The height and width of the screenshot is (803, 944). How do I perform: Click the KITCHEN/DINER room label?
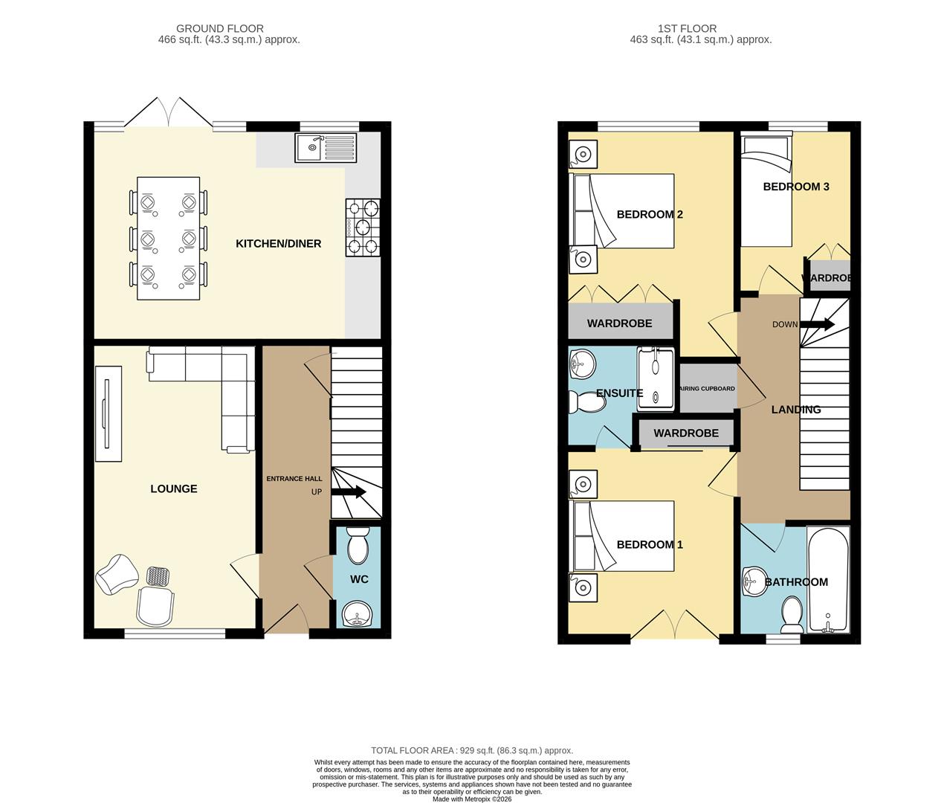(x=278, y=244)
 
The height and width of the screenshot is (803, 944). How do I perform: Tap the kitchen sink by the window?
(x=326, y=148)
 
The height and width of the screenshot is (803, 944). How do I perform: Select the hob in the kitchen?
(x=363, y=228)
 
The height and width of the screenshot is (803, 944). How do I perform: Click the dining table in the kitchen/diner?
(x=168, y=238)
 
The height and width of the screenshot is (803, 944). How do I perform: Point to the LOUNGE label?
(x=174, y=488)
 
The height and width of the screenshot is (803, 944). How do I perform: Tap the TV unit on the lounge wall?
(x=109, y=413)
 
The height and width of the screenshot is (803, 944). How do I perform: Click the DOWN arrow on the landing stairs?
(x=817, y=324)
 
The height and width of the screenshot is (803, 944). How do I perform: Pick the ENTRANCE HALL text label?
(x=294, y=479)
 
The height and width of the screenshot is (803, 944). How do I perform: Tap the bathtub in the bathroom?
(x=828, y=580)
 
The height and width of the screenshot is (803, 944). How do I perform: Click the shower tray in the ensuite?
(x=656, y=378)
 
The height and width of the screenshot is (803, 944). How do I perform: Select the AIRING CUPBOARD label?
(x=707, y=389)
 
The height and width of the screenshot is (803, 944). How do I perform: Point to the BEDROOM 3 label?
(x=795, y=187)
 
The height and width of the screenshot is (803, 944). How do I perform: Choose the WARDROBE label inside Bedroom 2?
(x=619, y=323)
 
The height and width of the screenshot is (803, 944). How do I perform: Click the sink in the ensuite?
(x=583, y=365)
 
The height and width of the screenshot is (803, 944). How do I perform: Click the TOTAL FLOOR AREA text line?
(x=472, y=751)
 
